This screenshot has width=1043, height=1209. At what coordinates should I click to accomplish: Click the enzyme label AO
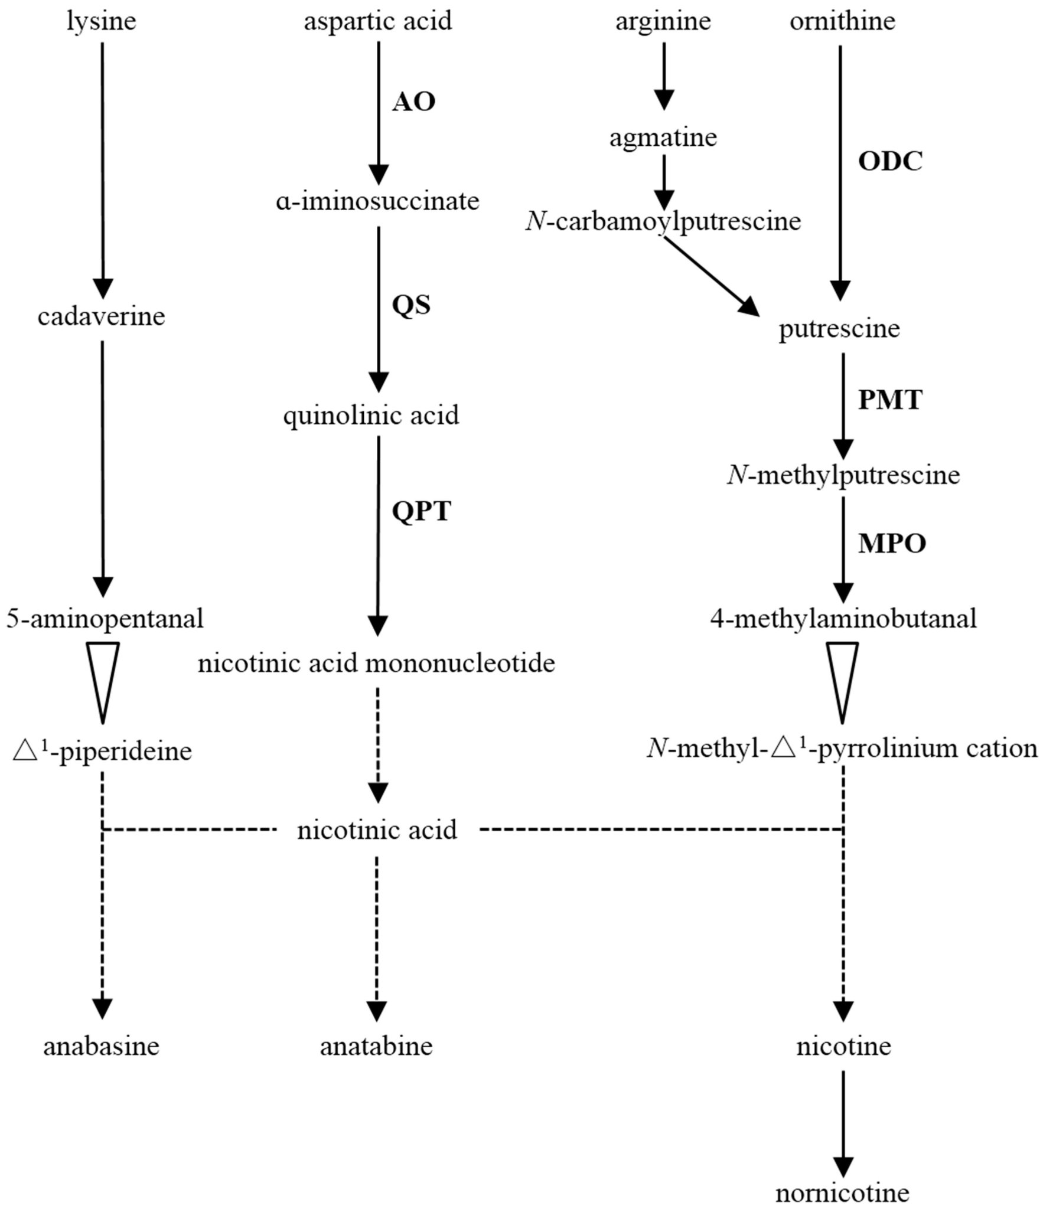[x=414, y=102]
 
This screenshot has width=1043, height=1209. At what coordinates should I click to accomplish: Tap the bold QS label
[x=411, y=305]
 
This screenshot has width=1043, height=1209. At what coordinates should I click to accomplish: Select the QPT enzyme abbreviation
[x=422, y=511]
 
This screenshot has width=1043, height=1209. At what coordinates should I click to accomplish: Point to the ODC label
[x=890, y=161]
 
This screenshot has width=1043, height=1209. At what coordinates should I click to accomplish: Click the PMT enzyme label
[x=890, y=400]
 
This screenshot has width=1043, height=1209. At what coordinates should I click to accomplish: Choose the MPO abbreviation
[x=892, y=544]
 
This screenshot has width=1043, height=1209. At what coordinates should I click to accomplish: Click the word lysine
[x=102, y=22]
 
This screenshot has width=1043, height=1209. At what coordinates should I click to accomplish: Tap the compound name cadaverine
[x=102, y=317]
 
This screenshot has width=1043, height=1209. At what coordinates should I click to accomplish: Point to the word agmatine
[x=663, y=138]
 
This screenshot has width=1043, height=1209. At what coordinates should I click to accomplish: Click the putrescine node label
[x=839, y=329]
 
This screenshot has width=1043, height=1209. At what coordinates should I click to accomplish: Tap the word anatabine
[x=376, y=1047]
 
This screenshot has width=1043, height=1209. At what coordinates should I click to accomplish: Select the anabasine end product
[x=102, y=1047]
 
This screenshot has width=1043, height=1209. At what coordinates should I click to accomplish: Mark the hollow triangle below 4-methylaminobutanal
[x=842, y=679]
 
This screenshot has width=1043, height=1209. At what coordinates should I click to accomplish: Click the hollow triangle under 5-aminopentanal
[x=103, y=679]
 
